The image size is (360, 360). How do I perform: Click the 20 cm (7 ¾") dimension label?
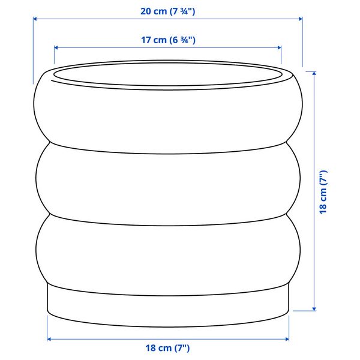pos(168,11)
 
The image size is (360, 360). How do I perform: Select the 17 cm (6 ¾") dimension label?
pos(168,40)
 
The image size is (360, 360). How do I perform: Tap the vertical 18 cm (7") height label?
pos(323,193)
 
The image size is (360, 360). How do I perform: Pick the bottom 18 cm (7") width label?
pos(167,348)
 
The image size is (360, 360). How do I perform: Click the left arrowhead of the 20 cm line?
pos(35,19)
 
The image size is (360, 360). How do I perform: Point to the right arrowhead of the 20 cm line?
pos(301,19)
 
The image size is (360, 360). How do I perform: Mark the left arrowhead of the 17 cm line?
pos(56,48)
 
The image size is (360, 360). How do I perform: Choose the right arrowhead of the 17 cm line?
pos(280,48)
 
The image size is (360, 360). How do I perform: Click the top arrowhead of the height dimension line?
pos(314,73)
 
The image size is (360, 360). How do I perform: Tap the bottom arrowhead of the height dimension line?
pos(314,309)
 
